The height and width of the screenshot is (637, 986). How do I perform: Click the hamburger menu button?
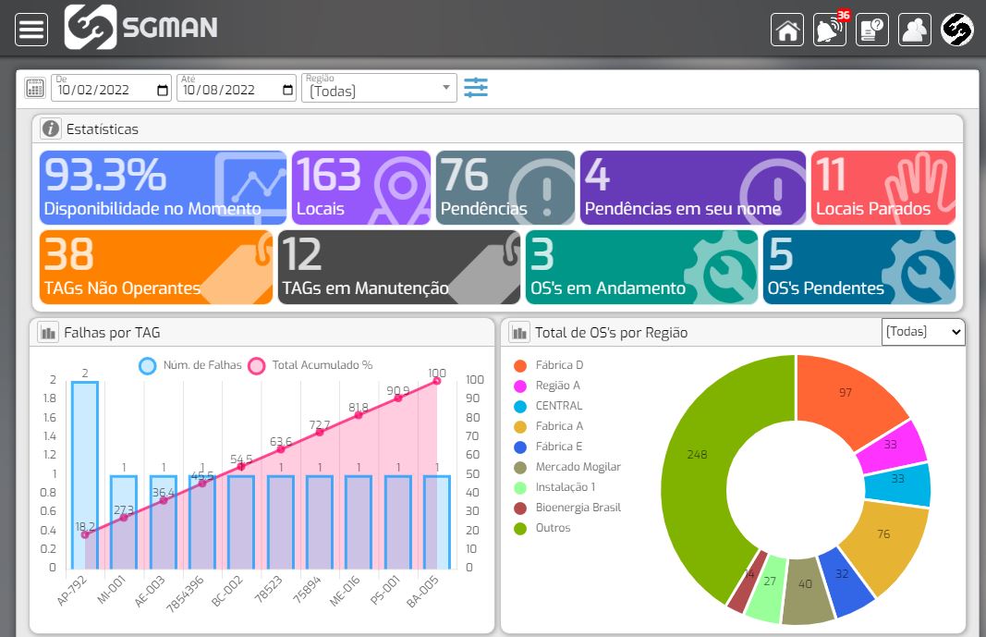[x=31, y=30]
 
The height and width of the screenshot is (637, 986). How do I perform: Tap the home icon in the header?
[x=787, y=30]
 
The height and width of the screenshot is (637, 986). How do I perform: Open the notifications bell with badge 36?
[x=829, y=30]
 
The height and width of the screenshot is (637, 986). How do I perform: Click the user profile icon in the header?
[x=914, y=30]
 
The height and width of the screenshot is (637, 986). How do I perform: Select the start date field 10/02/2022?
[x=111, y=89]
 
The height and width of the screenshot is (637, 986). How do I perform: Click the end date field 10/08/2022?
[x=237, y=89]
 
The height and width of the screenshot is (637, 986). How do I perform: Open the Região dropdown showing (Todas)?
[x=379, y=89]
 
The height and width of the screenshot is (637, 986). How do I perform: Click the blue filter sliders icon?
[x=476, y=88]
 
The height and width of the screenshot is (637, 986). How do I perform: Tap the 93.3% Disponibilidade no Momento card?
[x=163, y=188]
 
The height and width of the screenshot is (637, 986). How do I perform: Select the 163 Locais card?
[x=361, y=188]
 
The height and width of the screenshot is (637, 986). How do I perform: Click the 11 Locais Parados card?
[x=883, y=188]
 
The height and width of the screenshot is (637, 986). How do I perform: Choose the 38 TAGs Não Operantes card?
[x=156, y=267]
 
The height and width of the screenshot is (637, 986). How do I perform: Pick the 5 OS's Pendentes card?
[x=859, y=267]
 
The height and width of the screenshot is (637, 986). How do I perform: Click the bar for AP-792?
[x=85, y=476]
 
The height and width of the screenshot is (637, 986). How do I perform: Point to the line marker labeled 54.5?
[x=242, y=467]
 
